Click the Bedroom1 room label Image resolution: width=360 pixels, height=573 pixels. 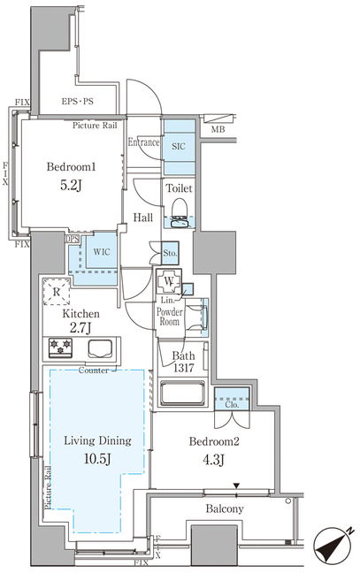72,167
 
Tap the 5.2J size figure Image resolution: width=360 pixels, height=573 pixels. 71,186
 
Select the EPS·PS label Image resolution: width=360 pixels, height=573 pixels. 78,101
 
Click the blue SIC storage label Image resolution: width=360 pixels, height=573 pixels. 179,146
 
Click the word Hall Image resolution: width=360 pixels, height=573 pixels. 143,218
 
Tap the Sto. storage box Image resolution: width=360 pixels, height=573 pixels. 170,253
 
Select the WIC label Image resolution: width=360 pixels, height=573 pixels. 102,252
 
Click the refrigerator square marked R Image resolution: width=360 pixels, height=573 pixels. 57,292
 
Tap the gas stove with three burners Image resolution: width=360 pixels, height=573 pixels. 60,347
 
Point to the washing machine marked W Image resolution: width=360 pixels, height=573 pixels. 168,281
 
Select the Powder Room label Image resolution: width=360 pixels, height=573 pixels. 170,317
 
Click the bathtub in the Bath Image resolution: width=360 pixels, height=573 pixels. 183,393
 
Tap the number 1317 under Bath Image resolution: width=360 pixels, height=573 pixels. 183,368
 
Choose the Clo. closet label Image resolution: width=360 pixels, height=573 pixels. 232,404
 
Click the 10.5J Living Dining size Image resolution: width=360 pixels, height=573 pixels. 97,459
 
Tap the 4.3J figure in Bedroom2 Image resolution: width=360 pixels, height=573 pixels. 213,460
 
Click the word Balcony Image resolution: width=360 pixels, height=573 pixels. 225,508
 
